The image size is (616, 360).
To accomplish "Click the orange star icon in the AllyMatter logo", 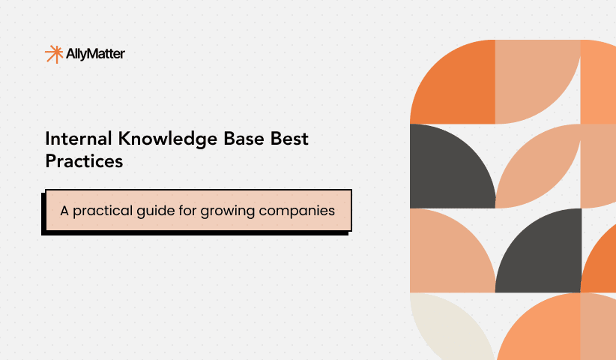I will (x=53, y=54).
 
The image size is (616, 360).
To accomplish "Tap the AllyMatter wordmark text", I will (x=96, y=54).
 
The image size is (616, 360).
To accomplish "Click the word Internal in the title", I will (x=73, y=139).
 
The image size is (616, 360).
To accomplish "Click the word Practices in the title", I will (x=84, y=160).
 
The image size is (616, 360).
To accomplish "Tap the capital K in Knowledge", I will (x=114, y=139).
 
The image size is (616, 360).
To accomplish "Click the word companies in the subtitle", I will (x=298, y=211).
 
